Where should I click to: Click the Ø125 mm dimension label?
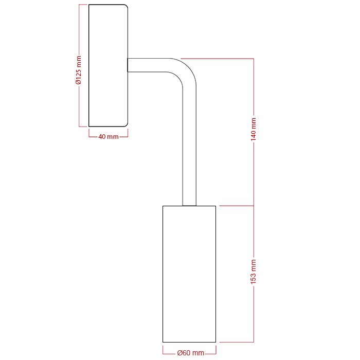[79, 70]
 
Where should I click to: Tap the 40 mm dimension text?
[108, 136]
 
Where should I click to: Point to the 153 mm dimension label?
[254, 274]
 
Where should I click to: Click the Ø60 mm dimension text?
[190, 353]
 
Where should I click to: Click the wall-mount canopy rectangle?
[108, 65]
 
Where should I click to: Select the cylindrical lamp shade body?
[189, 274]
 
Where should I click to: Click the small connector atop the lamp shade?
[189, 205]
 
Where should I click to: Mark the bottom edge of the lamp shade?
[189, 342]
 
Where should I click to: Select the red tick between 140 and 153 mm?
[254, 206]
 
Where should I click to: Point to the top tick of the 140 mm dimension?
[254, 59]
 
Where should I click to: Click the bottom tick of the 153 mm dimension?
[254, 342]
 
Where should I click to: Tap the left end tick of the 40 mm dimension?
[88, 136]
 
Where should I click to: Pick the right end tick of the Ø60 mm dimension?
[216, 353]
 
